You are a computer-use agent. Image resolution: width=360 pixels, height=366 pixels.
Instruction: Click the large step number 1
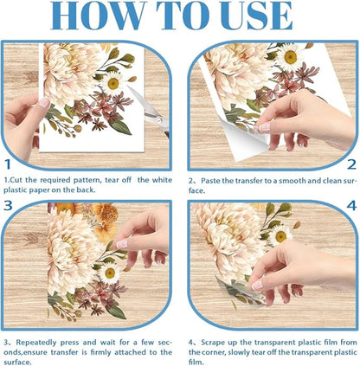point(8,164)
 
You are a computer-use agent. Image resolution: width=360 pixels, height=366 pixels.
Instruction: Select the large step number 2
point(351,164)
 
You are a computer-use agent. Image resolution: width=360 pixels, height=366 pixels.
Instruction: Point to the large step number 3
point(8,205)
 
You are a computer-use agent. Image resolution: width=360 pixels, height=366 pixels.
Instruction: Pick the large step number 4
point(351,206)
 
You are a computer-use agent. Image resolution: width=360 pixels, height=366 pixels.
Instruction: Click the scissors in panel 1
point(150,111)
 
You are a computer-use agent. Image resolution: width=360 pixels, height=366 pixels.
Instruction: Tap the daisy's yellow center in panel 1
point(113,84)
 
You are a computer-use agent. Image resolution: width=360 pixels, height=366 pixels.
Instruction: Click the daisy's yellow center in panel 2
point(290,57)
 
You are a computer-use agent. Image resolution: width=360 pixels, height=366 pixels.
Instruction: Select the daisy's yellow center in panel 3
point(110,273)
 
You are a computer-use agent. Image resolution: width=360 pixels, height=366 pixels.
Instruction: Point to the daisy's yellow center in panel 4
point(280,236)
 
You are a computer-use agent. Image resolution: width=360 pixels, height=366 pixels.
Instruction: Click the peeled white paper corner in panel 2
point(245,138)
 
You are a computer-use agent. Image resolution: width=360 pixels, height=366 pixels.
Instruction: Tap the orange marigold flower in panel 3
point(106,214)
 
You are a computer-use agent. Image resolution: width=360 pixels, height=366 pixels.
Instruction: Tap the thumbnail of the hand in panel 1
point(44,103)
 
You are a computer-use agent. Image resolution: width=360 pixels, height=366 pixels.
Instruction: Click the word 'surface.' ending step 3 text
point(17,362)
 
